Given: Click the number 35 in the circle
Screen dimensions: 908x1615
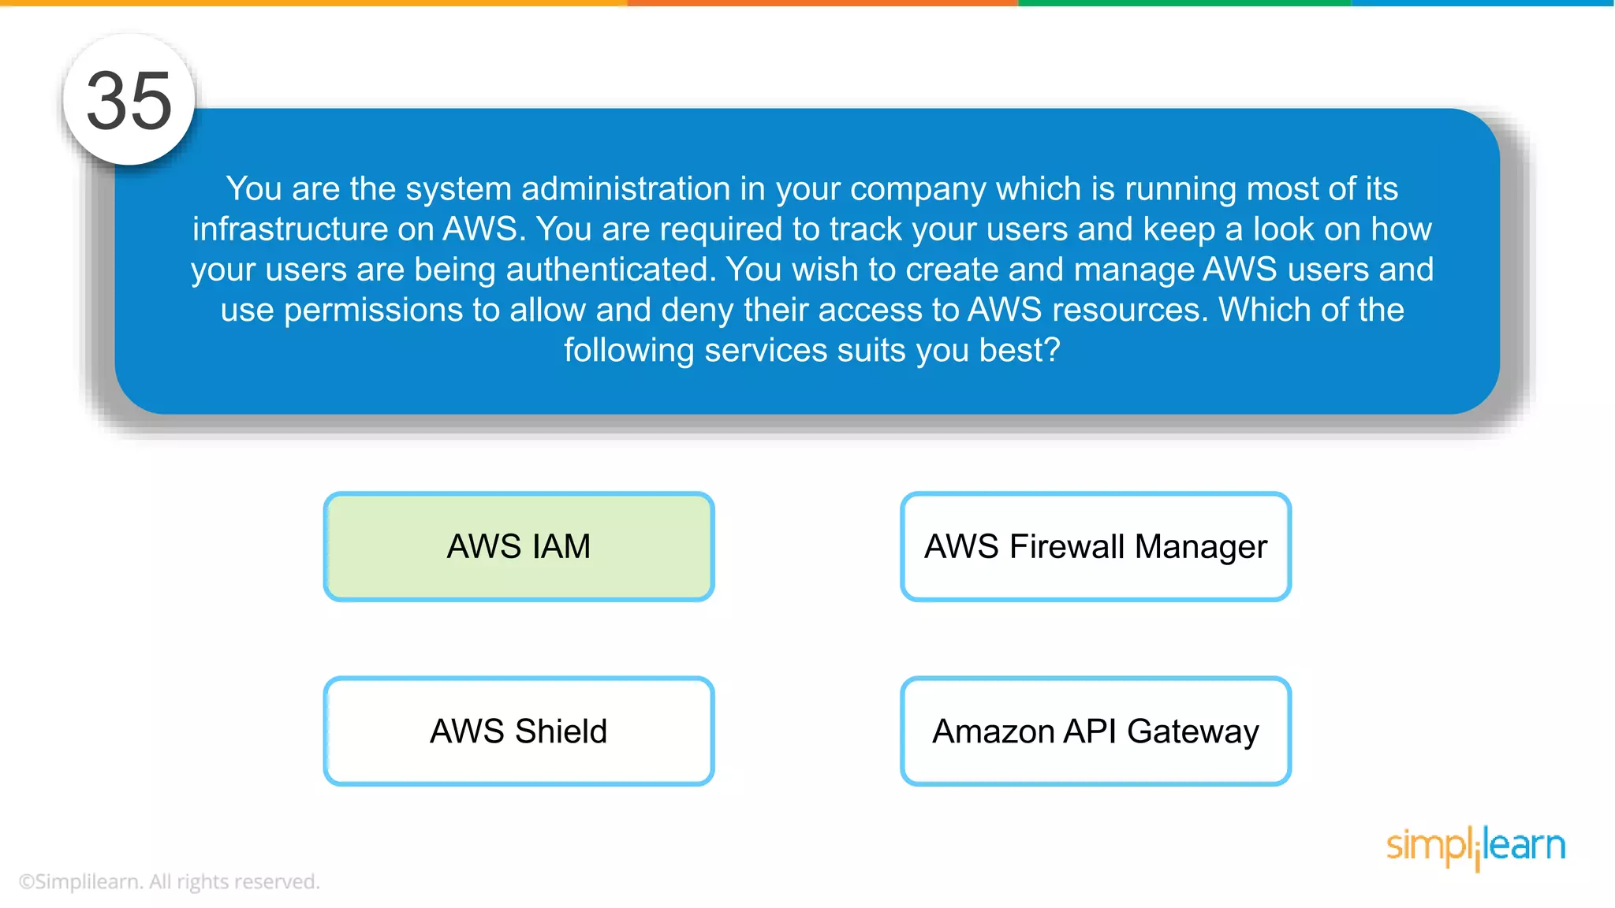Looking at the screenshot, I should [x=129, y=101].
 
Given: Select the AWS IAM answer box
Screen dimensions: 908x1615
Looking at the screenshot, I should [x=518, y=546].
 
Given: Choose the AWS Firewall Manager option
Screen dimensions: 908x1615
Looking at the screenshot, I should [x=1095, y=546].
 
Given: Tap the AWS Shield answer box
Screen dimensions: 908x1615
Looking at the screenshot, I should [x=518, y=731].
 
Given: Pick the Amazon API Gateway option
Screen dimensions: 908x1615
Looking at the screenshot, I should [x=1095, y=731].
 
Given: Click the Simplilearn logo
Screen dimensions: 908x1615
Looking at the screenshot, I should [x=1475, y=847].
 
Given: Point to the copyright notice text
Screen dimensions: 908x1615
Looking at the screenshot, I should [x=169, y=881].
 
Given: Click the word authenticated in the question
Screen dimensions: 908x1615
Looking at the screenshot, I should [x=610, y=270].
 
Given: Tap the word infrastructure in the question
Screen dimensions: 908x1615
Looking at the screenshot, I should [x=289, y=229].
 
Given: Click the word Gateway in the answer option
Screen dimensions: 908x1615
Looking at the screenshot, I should [x=1192, y=732].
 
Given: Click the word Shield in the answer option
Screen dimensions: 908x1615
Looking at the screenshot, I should [x=561, y=731].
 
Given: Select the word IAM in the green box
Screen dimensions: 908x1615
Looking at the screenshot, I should [x=561, y=546].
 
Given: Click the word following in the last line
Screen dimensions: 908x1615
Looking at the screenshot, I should [x=628, y=350].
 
